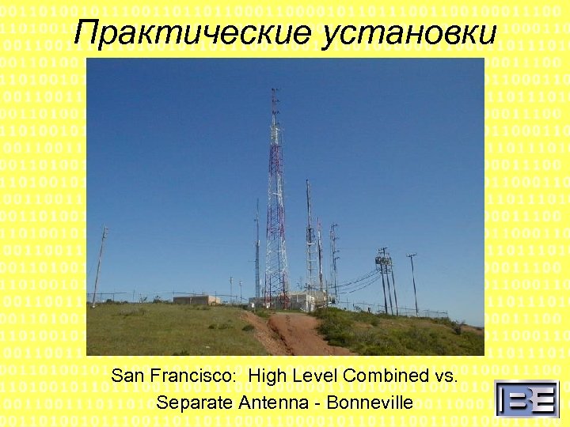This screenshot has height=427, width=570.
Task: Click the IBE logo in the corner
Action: coord(526,398)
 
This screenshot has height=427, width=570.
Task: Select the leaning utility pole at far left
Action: coord(99,265)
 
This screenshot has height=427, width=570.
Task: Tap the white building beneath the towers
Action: coord(305,300)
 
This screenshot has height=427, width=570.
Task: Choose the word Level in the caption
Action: coord(313,376)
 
